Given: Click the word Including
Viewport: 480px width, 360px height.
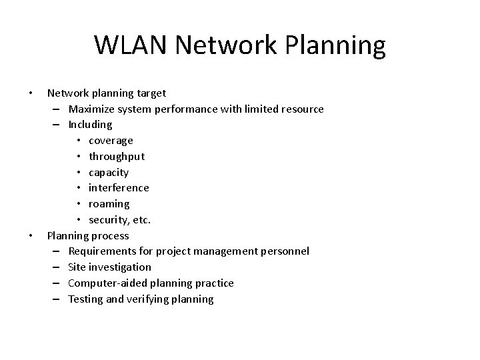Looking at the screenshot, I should [x=90, y=125].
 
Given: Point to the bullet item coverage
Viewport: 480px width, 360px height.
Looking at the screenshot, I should [x=111, y=141].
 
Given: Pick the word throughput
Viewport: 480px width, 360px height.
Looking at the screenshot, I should [x=117, y=157].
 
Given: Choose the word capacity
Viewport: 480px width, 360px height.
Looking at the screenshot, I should [x=109, y=173].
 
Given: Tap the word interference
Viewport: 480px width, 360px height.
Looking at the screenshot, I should [x=119, y=188].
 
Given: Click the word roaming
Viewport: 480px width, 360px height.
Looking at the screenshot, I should [x=109, y=204].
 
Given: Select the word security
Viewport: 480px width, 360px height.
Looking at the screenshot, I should [x=109, y=220].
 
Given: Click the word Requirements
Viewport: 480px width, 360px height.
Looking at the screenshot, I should [x=102, y=251].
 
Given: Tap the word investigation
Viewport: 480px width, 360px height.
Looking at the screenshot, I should [x=119, y=267].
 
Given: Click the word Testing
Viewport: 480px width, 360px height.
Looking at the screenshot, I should [x=86, y=299].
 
